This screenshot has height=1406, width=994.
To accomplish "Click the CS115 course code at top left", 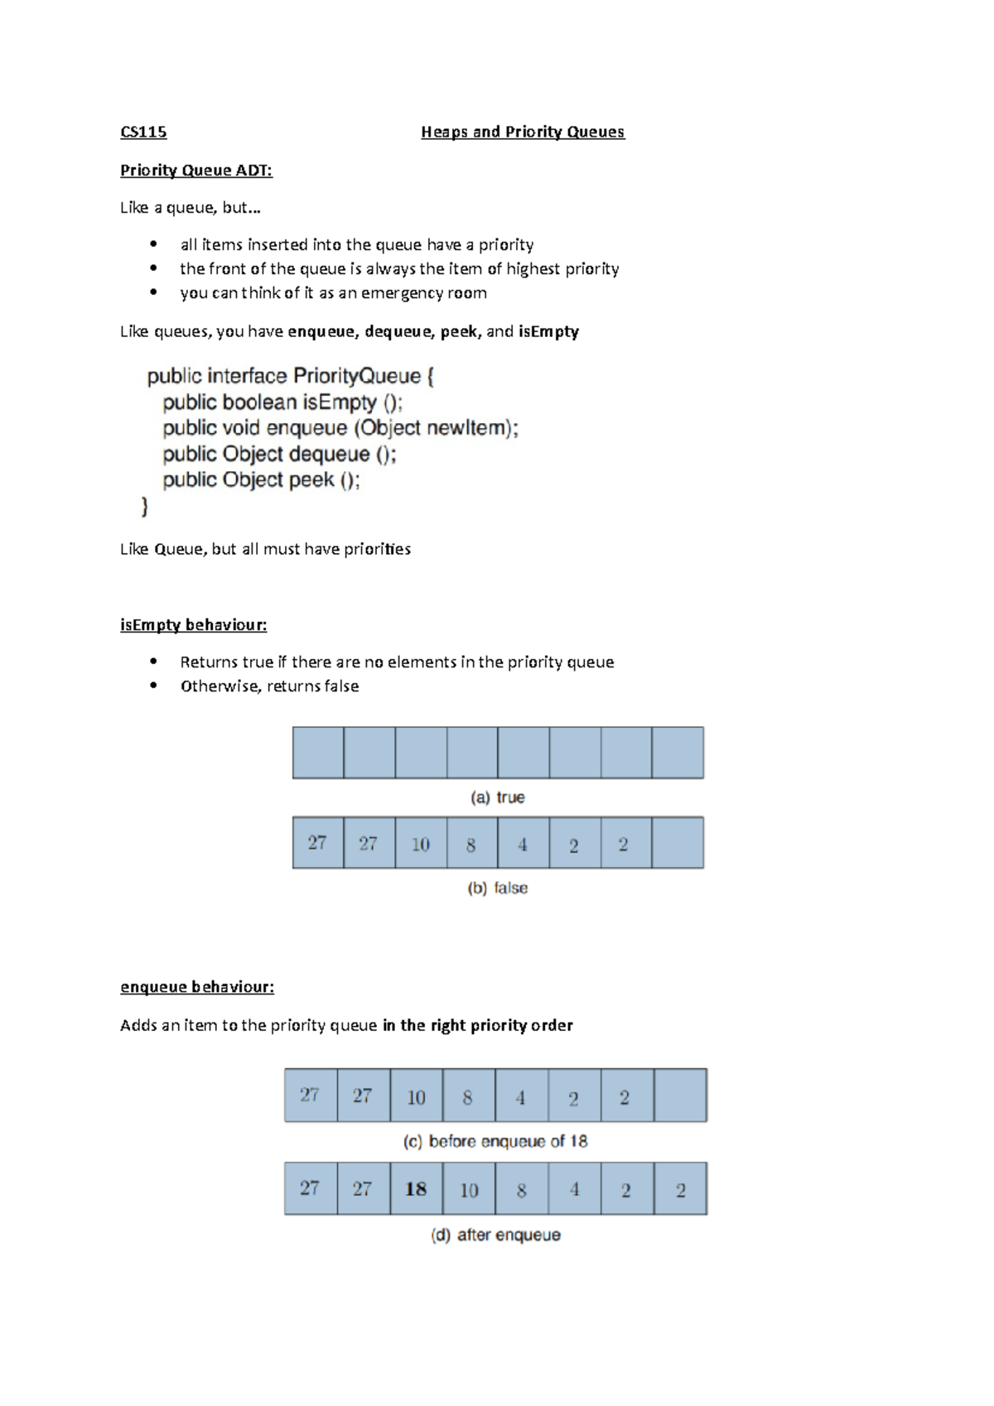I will click(143, 132).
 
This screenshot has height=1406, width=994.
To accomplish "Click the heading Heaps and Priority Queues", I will click(523, 132).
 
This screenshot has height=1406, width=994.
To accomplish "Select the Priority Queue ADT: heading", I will click(195, 171).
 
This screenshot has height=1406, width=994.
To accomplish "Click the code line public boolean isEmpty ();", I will click(283, 402).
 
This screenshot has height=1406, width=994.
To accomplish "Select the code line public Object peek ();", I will click(262, 480).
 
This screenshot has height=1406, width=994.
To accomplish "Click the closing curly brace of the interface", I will click(145, 506).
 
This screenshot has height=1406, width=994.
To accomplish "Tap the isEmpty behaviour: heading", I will click(193, 625).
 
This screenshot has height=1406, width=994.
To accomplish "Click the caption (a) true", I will click(498, 797).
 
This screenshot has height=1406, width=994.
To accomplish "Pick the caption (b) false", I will click(498, 888).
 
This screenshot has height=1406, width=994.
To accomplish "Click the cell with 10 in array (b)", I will click(421, 844).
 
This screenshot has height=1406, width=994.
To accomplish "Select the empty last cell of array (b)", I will click(678, 843).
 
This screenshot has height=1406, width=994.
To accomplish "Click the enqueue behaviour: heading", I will click(196, 987).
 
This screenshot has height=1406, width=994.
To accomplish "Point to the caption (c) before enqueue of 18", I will click(495, 1141).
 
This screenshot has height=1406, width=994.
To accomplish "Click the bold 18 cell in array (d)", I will click(416, 1189).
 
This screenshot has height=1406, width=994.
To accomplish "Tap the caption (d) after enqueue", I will click(495, 1235).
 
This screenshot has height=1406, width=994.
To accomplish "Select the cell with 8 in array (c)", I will click(468, 1096).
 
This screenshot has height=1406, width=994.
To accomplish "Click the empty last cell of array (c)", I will click(680, 1095).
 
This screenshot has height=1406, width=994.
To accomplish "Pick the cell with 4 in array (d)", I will click(574, 1189).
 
